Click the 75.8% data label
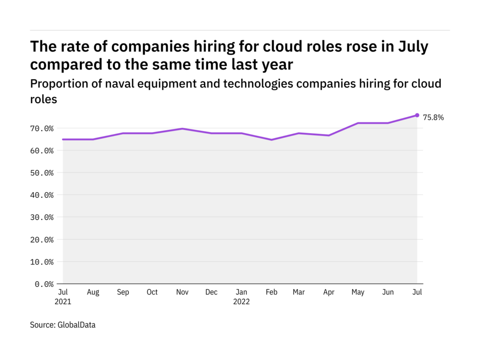pos(433,118)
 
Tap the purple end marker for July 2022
pos(417,115)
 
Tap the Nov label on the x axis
pos(182,292)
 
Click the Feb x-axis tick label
pos(271,292)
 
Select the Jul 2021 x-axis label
pos(63,297)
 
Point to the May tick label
pos(358,292)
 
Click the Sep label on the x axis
pos(123,292)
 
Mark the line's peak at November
pos(182,128)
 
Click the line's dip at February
pos(271,140)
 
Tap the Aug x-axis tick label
pos(93,292)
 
